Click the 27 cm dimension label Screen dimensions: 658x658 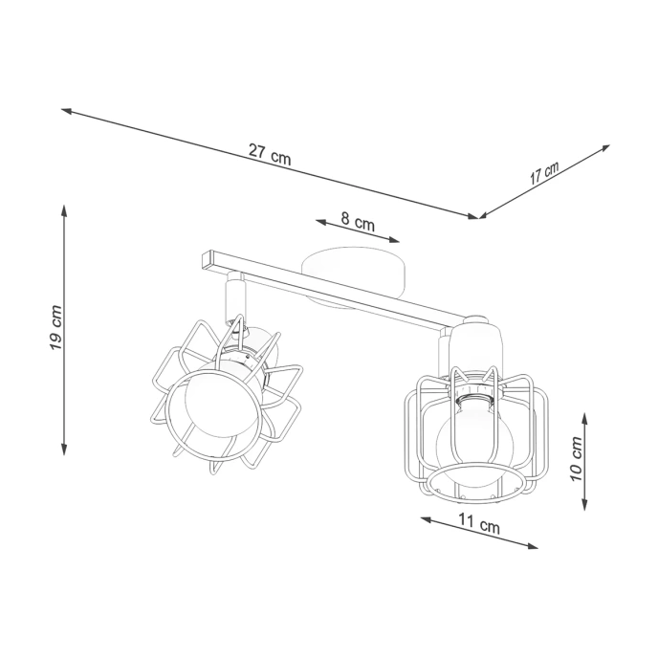270,153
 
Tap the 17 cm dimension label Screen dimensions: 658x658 544,173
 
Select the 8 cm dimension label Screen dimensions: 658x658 359,223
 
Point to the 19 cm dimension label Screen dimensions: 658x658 55,328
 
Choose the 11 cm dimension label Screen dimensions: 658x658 478,525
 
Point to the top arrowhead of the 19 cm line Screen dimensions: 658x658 64,208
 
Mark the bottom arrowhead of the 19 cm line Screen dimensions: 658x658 64,450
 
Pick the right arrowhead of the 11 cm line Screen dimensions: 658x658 534,546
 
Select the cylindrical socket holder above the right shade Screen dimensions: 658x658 475,345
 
